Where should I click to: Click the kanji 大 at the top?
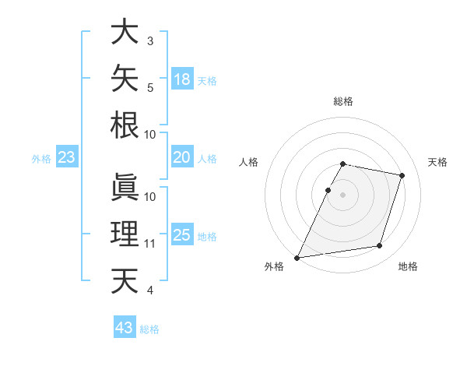pyautogui.click(x=125, y=31)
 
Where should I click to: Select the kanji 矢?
pyautogui.click(x=125, y=78)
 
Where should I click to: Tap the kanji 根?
pyautogui.click(x=125, y=125)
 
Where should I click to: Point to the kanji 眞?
pyautogui.click(x=125, y=187)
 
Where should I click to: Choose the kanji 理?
pyautogui.click(x=125, y=234)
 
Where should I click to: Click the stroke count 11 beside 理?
pyautogui.click(x=149, y=244)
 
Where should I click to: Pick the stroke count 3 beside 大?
pyautogui.click(x=150, y=40)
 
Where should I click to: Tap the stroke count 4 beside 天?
pyautogui.click(x=149, y=290)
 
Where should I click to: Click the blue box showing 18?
pyautogui.click(x=182, y=79)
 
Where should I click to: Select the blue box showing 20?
pyautogui.click(x=182, y=157)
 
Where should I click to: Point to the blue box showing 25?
pyautogui.click(x=182, y=234)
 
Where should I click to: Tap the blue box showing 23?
pyautogui.click(x=67, y=157)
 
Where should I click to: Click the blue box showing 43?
pyautogui.click(x=125, y=326)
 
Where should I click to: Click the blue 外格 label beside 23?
pyautogui.click(x=41, y=159)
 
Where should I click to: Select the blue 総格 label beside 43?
pyautogui.click(x=149, y=329)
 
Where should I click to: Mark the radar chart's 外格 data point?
pyautogui.click(x=297, y=258)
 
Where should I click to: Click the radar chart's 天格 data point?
pyautogui.click(x=402, y=175)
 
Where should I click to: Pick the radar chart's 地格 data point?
pyautogui.click(x=380, y=245)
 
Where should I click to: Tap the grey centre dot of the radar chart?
pyautogui.click(x=342, y=195)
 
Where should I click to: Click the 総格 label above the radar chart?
pyautogui.click(x=343, y=101)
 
